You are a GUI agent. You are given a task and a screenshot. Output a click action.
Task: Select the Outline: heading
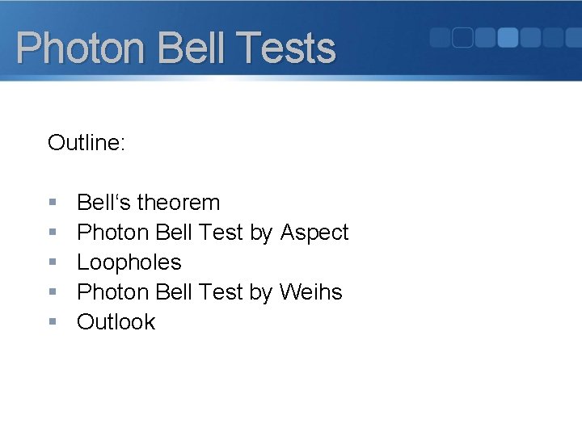click(x=86, y=143)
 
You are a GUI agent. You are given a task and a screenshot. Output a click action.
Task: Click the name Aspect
click(x=314, y=233)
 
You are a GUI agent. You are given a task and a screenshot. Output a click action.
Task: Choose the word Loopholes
click(x=129, y=262)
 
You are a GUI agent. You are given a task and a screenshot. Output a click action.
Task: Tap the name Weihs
click(x=311, y=291)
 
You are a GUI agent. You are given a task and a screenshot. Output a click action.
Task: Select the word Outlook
click(x=116, y=321)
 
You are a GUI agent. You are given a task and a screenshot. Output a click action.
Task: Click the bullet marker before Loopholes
click(x=53, y=262)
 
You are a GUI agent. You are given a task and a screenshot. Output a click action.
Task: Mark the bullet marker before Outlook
click(x=53, y=321)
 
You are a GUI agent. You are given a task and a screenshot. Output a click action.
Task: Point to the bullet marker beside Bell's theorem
click(x=53, y=202)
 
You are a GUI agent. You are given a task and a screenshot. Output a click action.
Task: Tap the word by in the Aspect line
click(x=261, y=233)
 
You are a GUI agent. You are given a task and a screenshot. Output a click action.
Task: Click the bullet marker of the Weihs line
click(x=53, y=291)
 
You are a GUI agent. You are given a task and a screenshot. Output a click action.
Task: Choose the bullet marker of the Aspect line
click(x=53, y=233)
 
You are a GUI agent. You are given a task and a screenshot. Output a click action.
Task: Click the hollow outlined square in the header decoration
click(x=462, y=37)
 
